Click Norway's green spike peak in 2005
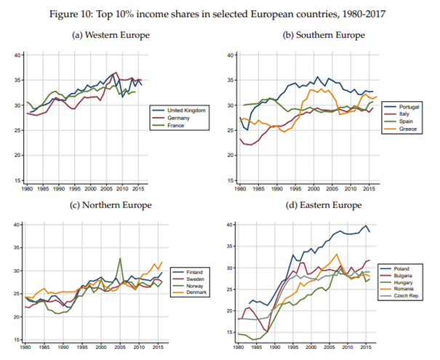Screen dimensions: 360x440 [119, 258]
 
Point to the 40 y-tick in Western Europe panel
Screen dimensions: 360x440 [16, 55]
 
